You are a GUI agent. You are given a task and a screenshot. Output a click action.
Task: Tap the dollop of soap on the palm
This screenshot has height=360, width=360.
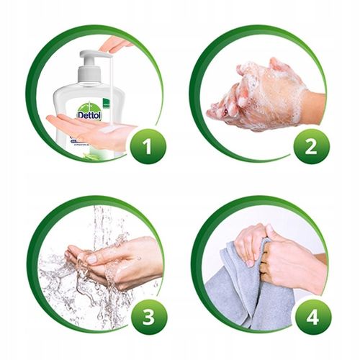(108, 130)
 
